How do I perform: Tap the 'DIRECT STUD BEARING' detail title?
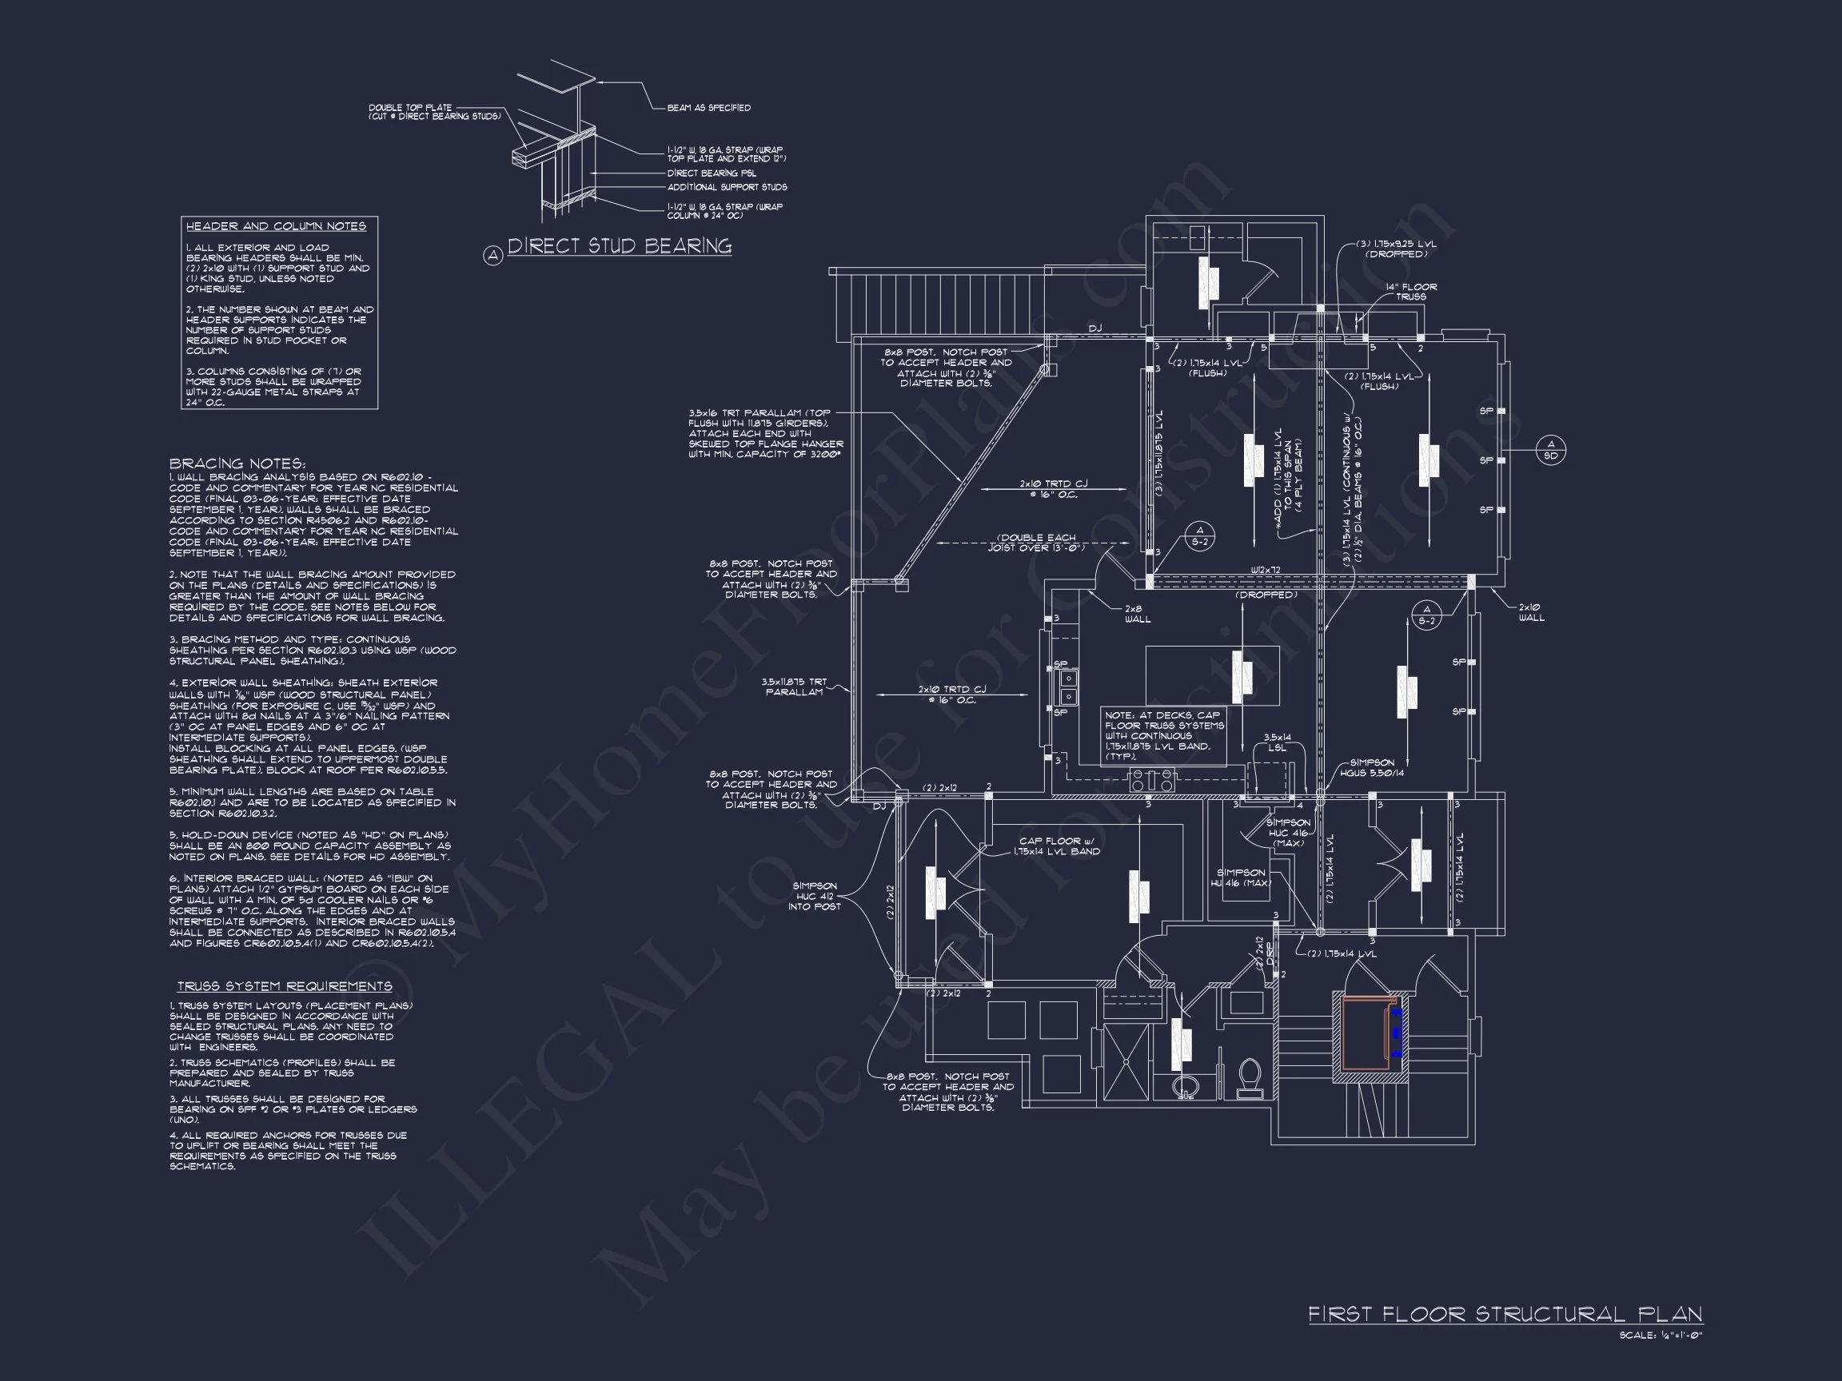tap(620, 245)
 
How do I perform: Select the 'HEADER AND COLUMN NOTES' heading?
tap(276, 226)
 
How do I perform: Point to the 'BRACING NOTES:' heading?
tap(237, 464)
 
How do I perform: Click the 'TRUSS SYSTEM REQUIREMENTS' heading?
tap(284, 986)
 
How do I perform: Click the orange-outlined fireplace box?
tap(1366, 1033)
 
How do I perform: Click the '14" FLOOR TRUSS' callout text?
tap(1410, 292)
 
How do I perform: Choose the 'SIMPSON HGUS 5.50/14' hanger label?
tap(1372, 767)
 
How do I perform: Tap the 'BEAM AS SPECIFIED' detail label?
tap(708, 107)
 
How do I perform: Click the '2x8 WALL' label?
tap(1138, 614)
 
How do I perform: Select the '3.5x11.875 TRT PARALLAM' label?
tap(794, 687)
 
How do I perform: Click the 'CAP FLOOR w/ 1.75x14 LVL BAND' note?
tap(1059, 846)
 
